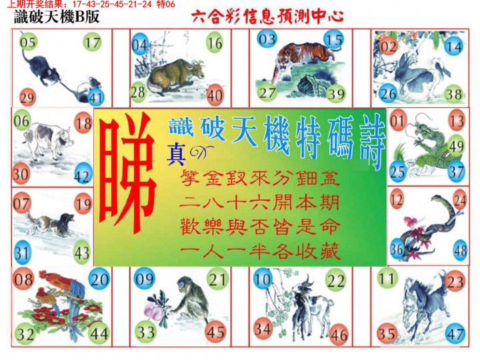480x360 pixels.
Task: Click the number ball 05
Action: pyautogui.click(x=28, y=44)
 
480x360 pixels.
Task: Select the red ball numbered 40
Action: pyautogui.click(x=214, y=95)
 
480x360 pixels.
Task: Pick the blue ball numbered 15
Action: pyautogui.click(x=335, y=40)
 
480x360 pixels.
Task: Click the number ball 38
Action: pyautogui.click(x=454, y=95)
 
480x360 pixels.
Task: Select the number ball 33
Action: pyautogui.click(x=145, y=331)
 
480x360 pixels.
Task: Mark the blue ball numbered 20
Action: pyautogui.click(x=99, y=280)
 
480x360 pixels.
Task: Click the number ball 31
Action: pyautogui.click(x=23, y=253)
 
